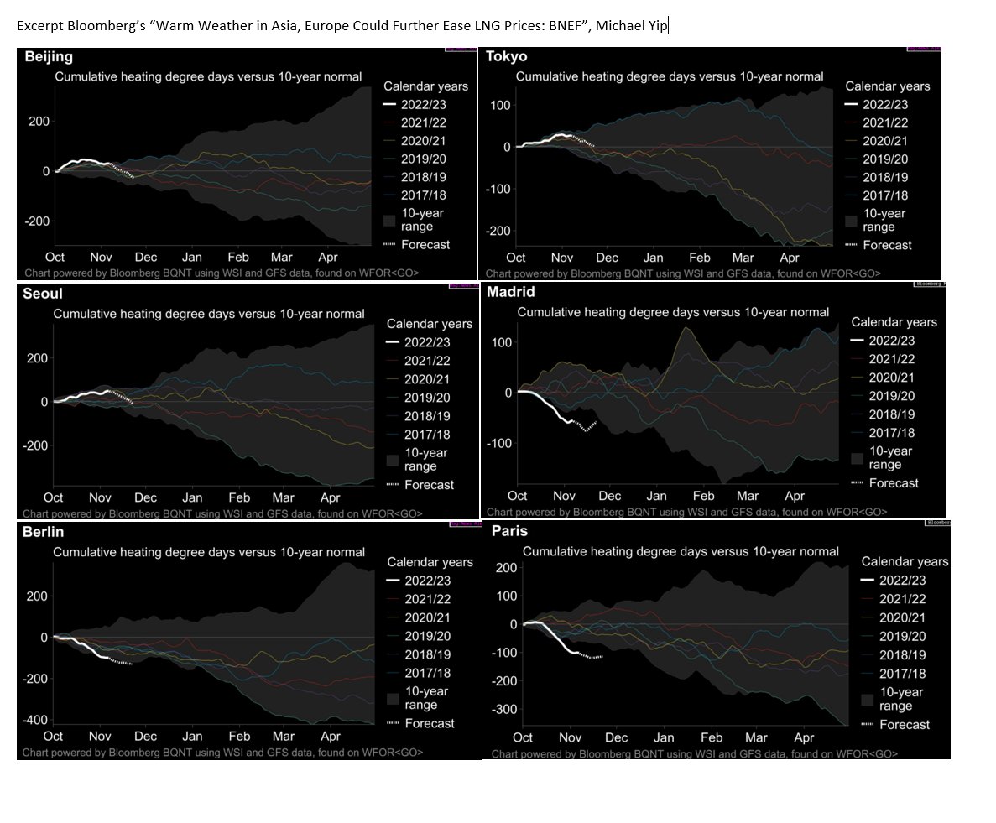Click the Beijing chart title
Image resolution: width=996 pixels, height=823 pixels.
(x=49, y=57)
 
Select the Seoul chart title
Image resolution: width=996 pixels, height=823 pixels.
(x=43, y=294)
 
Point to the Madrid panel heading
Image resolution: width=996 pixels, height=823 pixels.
(x=510, y=292)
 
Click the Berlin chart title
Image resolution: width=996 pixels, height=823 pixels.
(x=44, y=532)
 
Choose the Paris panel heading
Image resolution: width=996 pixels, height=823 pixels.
(x=510, y=531)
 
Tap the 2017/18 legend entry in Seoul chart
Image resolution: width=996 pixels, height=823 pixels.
(x=427, y=435)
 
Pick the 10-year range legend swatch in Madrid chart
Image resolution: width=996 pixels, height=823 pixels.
(x=857, y=458)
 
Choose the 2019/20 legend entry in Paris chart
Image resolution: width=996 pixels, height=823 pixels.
(x=902, y=636)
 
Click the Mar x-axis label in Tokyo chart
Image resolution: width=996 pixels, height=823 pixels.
(x=743, y=258)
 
